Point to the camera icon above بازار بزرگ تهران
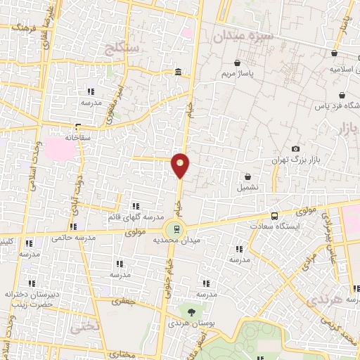pyautogui.click(x=295, y=148)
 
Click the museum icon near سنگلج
pyautogui.click(x=179, y=72)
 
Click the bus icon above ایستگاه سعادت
pyautogui.click(x=274, y=216)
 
